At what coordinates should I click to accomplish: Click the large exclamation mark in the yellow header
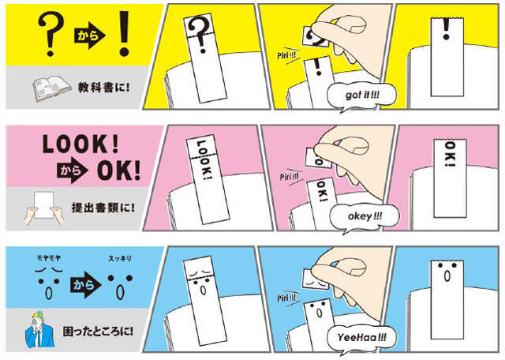click(x=124, y=34)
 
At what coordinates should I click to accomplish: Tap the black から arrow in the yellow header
click(x=90, y=36)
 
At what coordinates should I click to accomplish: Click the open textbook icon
click(x=51, y=88)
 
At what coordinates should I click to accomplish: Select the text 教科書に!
click(x=103, y=88)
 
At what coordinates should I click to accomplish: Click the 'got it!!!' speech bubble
click(x=361, y=96)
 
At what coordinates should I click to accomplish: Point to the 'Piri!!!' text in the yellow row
click(x=286, y=55)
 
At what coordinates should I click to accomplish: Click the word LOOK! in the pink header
click(x=80, y=144)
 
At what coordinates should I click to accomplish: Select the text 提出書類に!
click(x=103, y=208)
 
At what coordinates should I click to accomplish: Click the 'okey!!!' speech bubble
click(x=365, y=216)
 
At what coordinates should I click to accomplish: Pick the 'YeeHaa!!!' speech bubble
click(x=361, y=338)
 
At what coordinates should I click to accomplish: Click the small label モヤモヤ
click(x=49, y=258)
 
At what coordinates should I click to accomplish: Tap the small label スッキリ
click(x=120, y=258)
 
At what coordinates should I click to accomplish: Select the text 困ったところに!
click(x=98, y=332)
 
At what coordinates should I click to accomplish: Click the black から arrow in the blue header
click(x=85, y=284)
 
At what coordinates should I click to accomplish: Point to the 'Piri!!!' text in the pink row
click(x=289, y=177)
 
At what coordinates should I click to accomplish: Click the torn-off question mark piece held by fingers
click(x=315, y=36)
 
